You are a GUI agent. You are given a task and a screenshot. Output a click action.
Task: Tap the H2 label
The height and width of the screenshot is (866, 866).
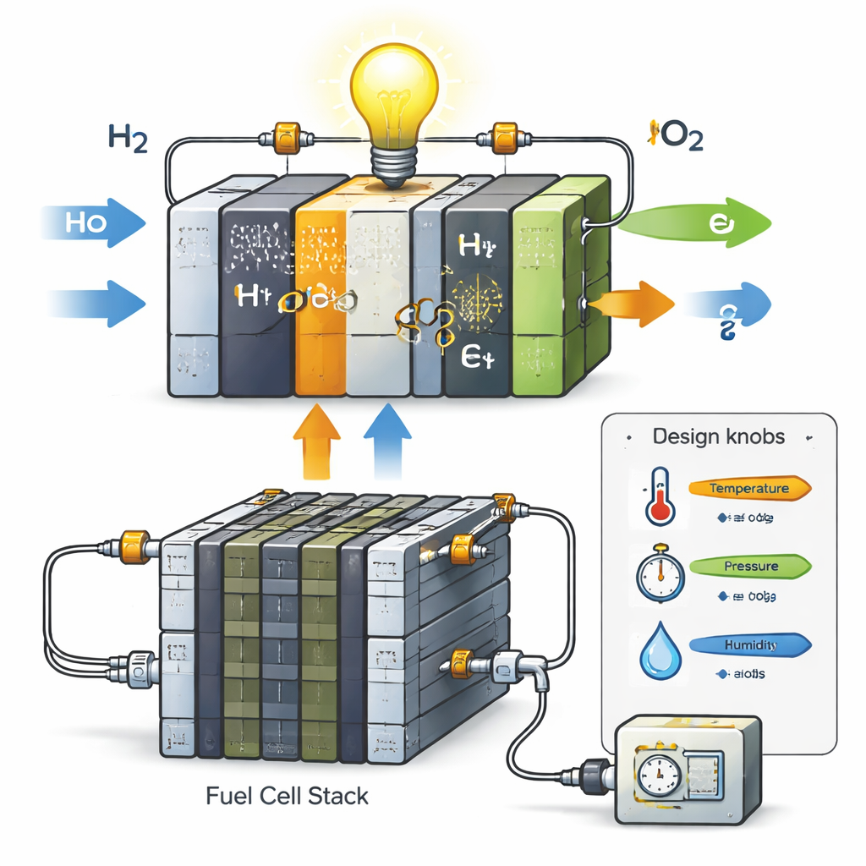129,139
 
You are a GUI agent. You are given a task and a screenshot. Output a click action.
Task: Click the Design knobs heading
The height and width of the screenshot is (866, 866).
719,437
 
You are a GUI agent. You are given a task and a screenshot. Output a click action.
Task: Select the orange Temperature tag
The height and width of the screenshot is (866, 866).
748,488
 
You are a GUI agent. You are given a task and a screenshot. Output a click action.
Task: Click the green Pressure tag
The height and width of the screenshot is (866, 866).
748,566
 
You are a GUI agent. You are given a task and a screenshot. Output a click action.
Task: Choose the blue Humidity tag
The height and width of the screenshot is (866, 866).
748,645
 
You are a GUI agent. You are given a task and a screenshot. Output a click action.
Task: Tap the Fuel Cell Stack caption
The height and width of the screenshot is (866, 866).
288,796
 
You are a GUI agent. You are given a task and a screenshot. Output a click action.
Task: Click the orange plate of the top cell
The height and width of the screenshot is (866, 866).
319,296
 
